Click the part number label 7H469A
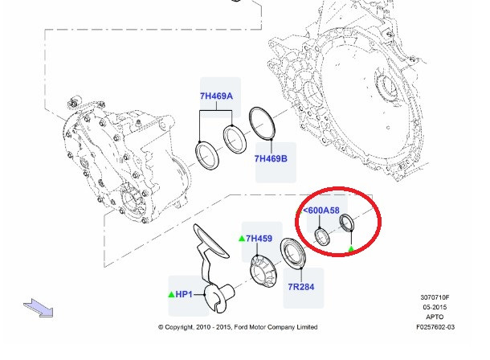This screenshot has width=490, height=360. pyautogui.click(x=216, y=96)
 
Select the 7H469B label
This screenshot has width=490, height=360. pyautogui.click(x=271, y=158)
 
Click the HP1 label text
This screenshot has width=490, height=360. pyautogui.click(x=184, y=296)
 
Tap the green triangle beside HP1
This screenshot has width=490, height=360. pyautogui.click(x=171, y=296)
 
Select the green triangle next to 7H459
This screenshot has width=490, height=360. pyautogui.click(x=242, y=238)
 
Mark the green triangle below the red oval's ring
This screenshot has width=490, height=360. pyautogui.click(x=350, y=249)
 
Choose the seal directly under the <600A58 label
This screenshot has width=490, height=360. pyautogui.click(x=321, y=237)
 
